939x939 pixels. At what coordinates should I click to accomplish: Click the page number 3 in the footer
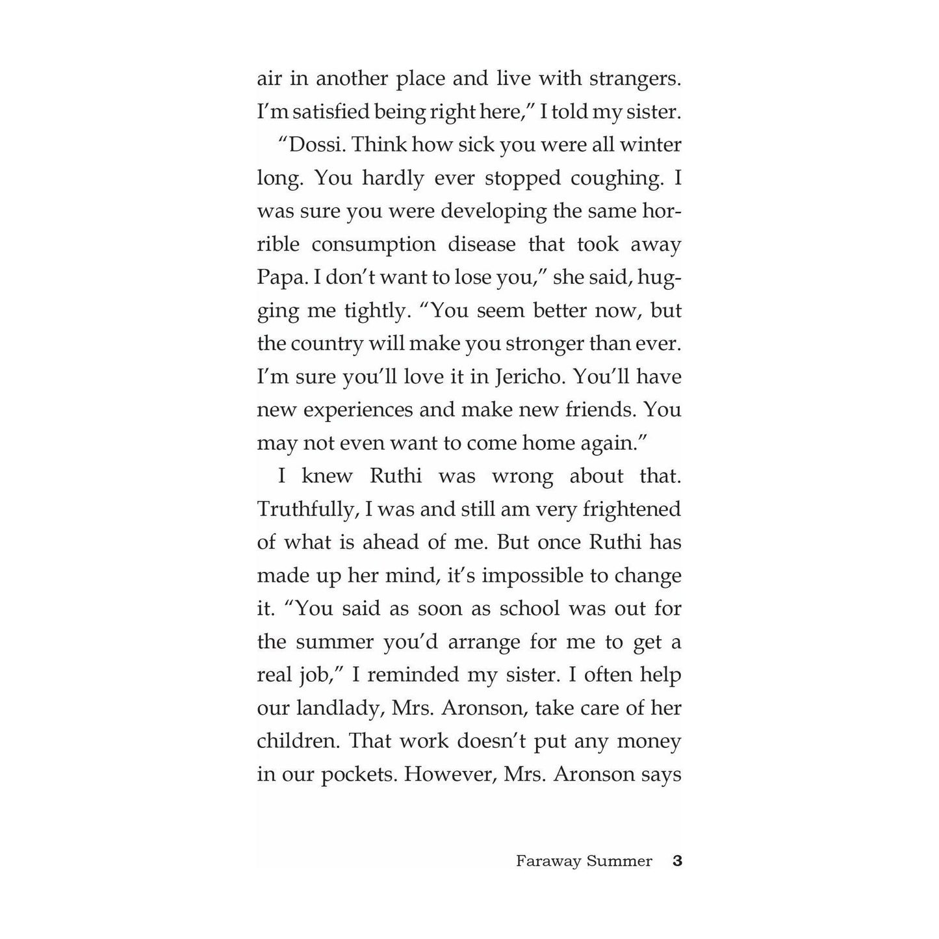(x=677, y=861)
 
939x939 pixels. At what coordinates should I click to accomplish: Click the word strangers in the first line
(x=634, y=79)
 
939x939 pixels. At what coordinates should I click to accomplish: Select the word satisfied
(x=331, y=112)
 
